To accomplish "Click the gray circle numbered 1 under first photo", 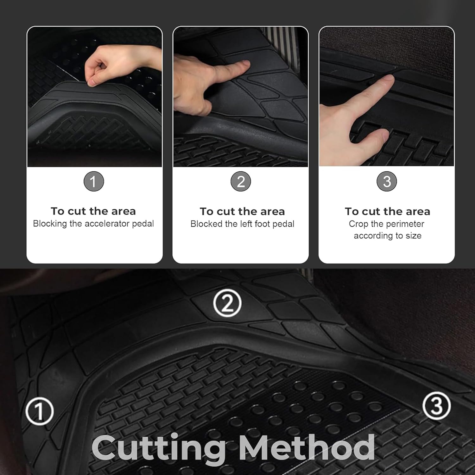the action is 93,181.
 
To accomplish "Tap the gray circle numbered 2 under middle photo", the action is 241,181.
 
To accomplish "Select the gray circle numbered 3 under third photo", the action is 387,181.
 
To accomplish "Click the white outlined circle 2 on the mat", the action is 227,303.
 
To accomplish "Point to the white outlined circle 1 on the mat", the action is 40,411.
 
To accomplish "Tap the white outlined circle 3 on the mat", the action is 437,406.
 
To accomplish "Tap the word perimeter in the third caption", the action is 405,224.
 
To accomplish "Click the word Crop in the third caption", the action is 358,224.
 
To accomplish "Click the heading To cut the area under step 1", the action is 93,211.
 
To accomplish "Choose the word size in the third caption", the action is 414,236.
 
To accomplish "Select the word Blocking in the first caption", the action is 50,224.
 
